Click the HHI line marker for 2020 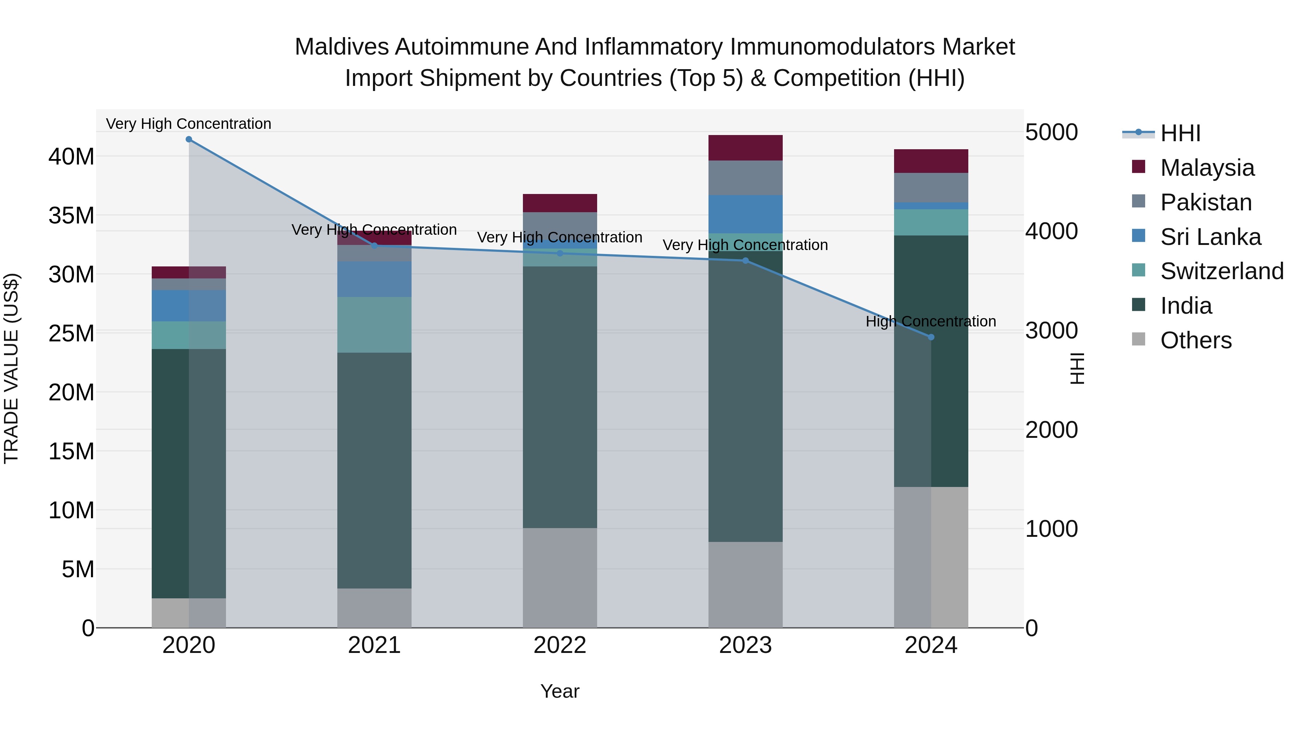tap(188, 139)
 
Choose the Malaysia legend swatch tap(1139, 167)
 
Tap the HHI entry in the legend tap(1180, 133)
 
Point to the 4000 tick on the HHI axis tap(1051, 231)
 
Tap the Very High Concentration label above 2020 tap(188, 124)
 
